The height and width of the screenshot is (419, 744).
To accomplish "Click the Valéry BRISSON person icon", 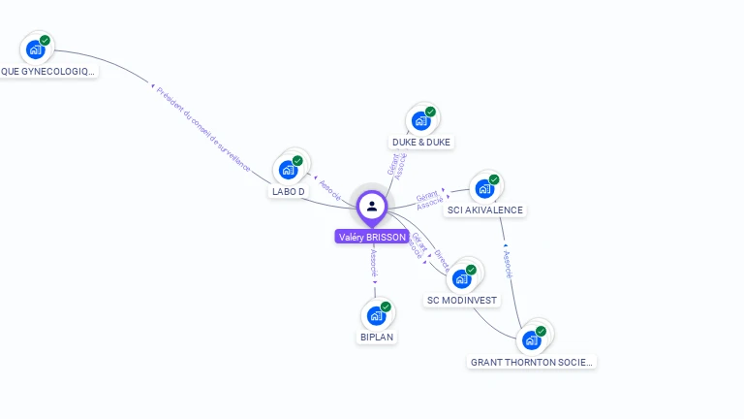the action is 372,206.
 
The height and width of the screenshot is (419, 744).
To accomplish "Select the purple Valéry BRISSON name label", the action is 371,237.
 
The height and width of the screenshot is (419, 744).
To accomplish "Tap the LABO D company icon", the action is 288,170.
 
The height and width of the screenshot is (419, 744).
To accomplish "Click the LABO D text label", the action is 289,192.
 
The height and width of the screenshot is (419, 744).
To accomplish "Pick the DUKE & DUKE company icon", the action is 420,121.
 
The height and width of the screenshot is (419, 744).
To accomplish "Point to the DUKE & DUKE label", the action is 421,143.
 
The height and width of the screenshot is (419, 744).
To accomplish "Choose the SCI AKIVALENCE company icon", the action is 483,188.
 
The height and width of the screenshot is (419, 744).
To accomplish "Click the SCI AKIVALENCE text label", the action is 485,210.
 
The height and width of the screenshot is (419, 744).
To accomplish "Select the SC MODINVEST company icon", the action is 461,278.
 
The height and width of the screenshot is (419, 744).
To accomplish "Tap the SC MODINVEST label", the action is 462,301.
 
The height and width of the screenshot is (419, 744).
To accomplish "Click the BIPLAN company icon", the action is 376,315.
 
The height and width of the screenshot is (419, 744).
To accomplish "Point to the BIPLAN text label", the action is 376,338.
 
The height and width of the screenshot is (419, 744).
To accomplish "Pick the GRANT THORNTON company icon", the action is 531,339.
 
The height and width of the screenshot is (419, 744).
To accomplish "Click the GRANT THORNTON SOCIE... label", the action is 532,362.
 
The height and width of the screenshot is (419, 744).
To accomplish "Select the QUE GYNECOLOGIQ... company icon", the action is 35,49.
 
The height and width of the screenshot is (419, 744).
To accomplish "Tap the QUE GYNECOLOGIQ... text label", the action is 48,72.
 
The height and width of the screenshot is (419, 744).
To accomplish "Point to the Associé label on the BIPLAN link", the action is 374,262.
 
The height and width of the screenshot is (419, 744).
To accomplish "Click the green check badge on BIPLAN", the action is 386,306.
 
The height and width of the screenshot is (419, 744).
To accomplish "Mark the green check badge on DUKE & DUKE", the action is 430,112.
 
